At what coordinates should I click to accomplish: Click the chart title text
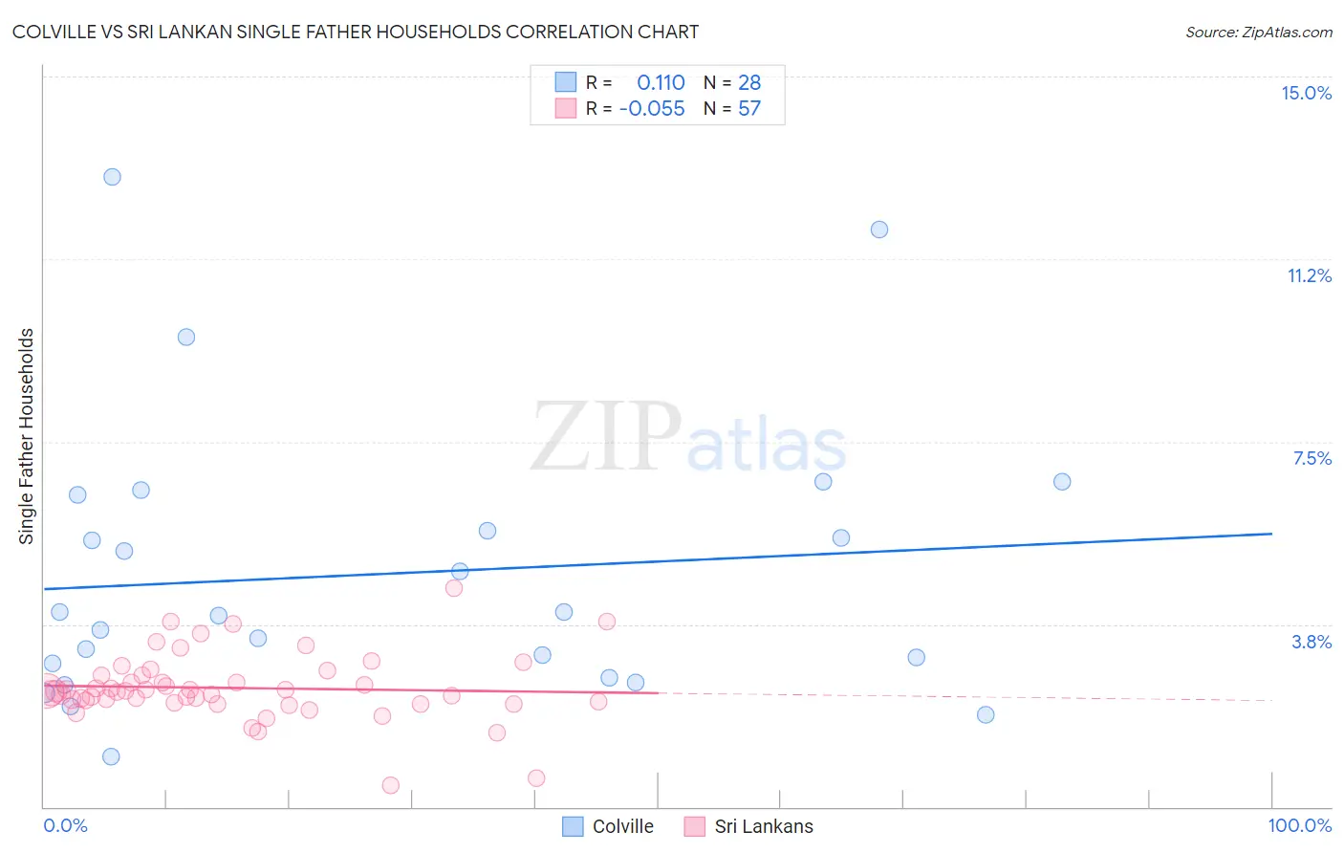tap(355, 32)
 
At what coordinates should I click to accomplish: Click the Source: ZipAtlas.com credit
tap(1258, 32)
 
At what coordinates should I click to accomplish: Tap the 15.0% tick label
tap(1306, 93)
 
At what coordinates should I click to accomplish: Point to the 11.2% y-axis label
tap(1309, 275)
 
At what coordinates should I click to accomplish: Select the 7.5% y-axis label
tap(1311, 458)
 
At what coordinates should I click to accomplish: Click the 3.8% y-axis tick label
tap(1311, 642)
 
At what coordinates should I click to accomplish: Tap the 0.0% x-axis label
tap(65, 825)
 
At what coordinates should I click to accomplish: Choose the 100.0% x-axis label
tap(1299, 825)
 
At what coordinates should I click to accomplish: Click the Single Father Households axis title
tap(27, 436)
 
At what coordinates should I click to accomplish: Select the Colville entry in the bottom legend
tap(622, 826)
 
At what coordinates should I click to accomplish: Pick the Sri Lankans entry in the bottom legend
tap(763, 826)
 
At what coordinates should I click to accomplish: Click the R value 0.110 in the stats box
tap(661, 83)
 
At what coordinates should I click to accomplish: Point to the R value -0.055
tap(652, 109)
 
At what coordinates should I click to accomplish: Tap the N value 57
tap(749, 109)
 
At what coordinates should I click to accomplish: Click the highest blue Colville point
tap(112, 177)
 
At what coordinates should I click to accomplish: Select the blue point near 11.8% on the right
tap(879, 230)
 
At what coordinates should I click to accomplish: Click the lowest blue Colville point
tap(111, 756)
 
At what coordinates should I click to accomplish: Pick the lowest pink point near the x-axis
tap(390, 785)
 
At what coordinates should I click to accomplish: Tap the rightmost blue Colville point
tap(1062, 482)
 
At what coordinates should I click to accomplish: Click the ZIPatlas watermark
tap(688, 438)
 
